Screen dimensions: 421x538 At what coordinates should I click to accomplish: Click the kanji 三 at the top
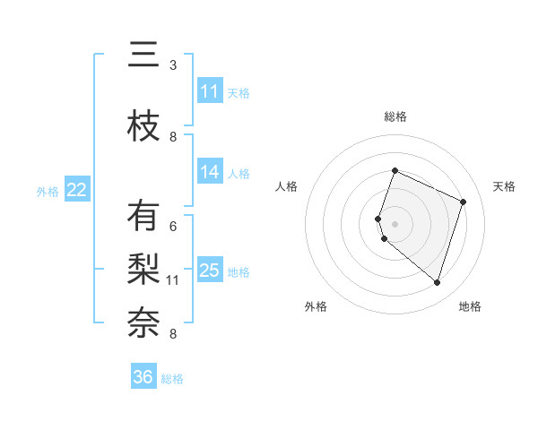[143, 57]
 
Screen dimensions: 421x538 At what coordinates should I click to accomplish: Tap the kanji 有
[143, 218]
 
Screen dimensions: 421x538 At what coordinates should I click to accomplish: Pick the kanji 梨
[143, 270]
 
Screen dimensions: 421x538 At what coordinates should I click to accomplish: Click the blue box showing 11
[210, 91]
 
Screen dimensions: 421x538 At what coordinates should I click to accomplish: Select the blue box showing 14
[210, 172]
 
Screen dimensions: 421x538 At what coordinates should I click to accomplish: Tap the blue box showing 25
[210, 271]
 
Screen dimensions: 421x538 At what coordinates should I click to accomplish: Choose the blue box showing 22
[77, 190]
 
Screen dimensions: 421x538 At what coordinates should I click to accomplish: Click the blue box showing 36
[143, 377]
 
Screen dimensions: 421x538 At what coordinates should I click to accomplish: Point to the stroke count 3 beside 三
[173, 65]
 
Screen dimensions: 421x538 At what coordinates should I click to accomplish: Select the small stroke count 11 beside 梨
[173, 280]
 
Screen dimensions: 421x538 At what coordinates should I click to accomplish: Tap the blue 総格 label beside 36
[172, 379]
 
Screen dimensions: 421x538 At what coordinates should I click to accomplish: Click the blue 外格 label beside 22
[48, 191]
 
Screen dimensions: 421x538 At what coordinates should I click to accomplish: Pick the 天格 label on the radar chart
[504, 186]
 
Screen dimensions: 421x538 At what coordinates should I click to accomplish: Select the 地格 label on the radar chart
[470, 306]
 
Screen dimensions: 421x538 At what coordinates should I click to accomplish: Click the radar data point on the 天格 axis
[464, 202]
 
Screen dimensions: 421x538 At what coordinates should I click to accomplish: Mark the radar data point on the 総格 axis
[395, 170]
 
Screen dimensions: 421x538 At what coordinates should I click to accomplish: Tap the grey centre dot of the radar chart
[395, 223]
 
